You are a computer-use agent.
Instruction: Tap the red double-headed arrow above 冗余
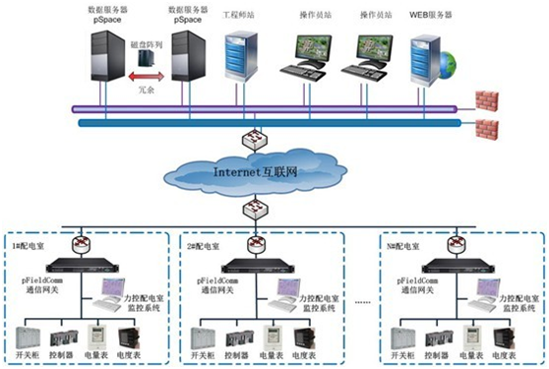click(143, 74)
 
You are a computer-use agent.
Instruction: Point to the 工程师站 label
click(241, 17)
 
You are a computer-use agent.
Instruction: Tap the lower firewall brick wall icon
click(485, 128)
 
